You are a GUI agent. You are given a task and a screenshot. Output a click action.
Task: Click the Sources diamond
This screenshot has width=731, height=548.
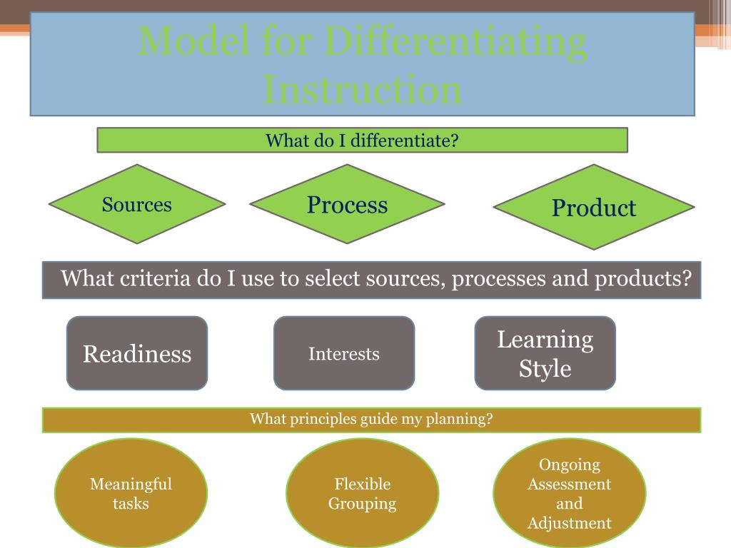[137, 205]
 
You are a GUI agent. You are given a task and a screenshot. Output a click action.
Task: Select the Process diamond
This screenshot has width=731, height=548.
[348, 205]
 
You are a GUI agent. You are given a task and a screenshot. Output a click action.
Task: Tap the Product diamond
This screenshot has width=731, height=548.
[593, 208]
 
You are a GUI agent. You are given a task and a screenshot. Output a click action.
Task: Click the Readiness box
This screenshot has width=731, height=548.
[137, 354]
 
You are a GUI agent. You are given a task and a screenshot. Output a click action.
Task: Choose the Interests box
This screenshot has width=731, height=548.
[344, 354]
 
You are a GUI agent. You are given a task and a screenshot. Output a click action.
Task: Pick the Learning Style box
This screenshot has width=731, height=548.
[545, 354]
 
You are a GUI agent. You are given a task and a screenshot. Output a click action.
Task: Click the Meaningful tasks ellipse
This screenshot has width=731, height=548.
[131, 494]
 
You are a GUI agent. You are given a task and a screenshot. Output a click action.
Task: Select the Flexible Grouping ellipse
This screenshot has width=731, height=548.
[362, 494]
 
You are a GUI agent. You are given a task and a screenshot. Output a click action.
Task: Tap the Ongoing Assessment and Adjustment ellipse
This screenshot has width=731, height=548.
[569, 494]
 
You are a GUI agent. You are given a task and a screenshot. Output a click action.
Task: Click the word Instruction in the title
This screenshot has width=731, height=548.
[362, 90]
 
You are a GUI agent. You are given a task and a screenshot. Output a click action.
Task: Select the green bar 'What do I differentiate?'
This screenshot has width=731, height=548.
[362, 141]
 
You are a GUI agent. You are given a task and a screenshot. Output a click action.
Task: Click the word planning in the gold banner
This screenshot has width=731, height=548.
[459, 419]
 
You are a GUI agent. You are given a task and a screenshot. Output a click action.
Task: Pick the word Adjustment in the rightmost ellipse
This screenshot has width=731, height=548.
[569, 523]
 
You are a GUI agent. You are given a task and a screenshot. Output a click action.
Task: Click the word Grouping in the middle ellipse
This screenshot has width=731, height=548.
[362, 504]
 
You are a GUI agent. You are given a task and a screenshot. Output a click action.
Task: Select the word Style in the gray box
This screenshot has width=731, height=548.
[545, 369]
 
